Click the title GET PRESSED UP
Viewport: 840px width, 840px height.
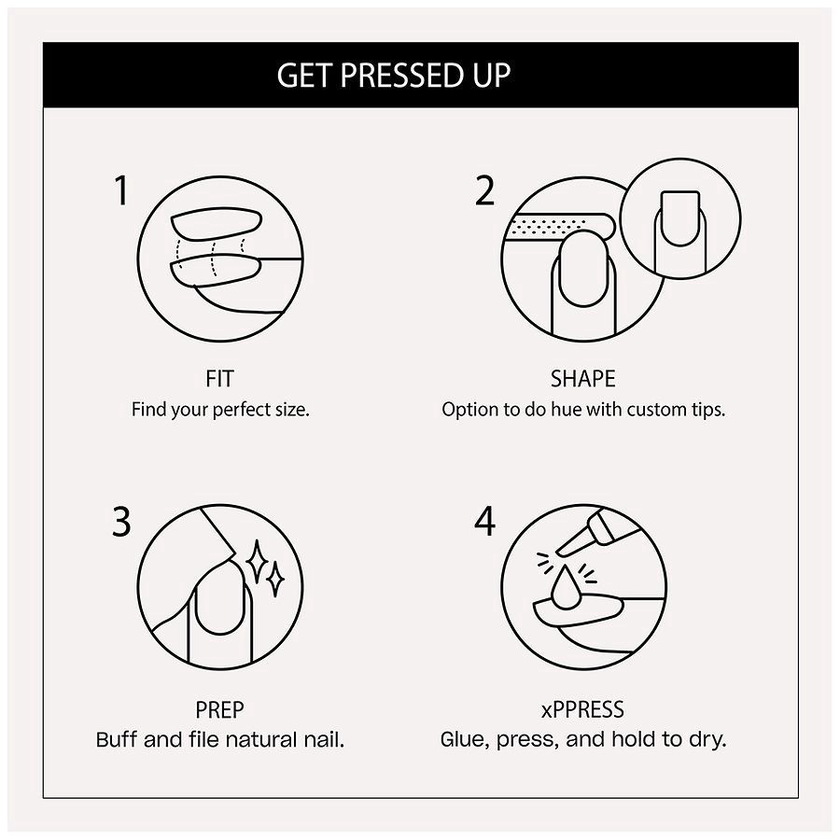[x=393, y=75]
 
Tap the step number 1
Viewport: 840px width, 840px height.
[x=120, y=190]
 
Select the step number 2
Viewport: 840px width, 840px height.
[x=484, y=190]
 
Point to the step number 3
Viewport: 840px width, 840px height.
[x=121, y=523]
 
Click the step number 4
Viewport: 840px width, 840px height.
[x=484, y=523]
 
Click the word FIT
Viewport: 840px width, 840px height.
[x=219, y=379]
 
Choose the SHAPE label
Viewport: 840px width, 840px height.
[x=582, y=379]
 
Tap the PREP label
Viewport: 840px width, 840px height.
[x=219, y=710]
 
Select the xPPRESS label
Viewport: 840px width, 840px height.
[x=582, y=710]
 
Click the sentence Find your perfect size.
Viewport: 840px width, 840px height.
[x=219, y=409]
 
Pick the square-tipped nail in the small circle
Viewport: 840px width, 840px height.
[x=679, y=217]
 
